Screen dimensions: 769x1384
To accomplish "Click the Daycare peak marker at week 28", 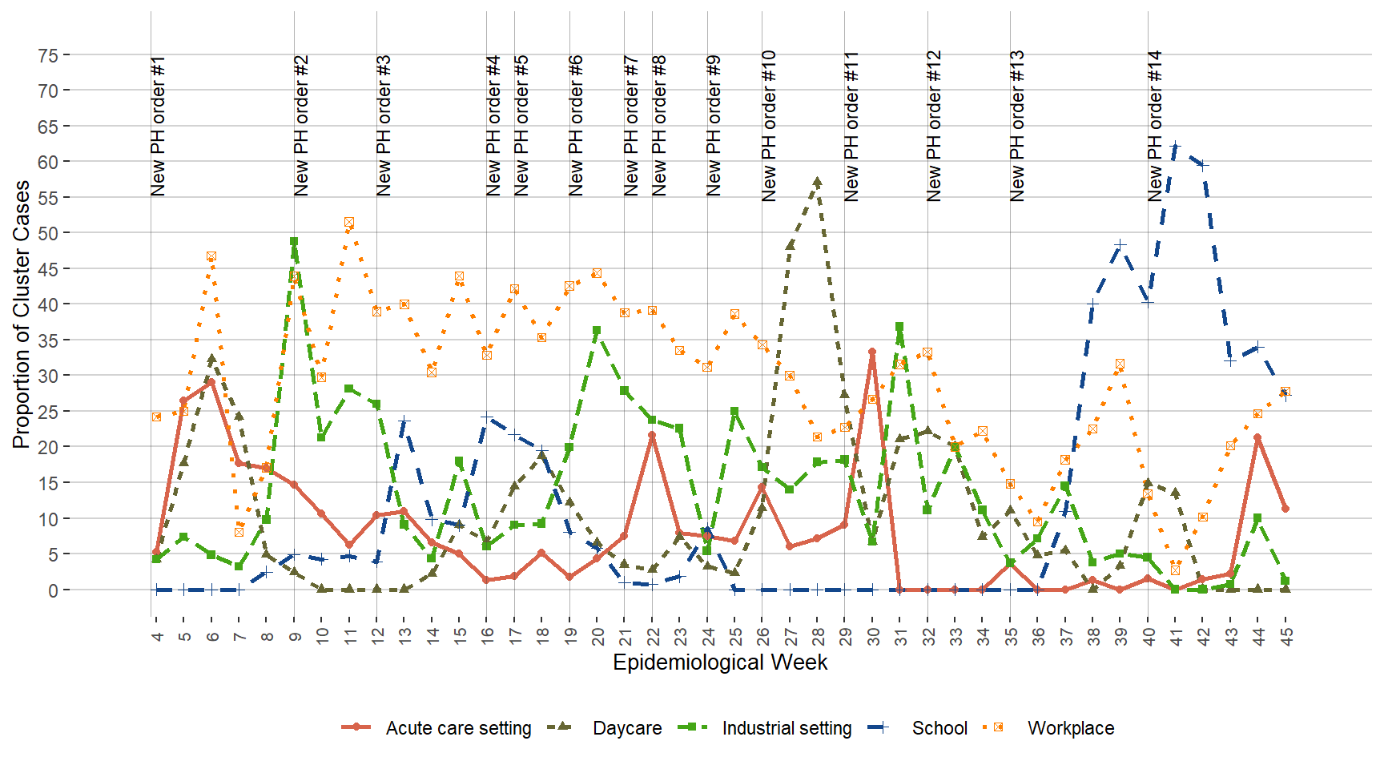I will point(818,182).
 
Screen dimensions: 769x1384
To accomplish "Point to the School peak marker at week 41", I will point(1176,146).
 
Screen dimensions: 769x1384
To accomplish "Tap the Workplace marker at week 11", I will point(349,222).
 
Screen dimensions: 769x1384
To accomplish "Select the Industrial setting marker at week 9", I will point(294,241).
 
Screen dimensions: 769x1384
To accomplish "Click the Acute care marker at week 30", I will point(872,352).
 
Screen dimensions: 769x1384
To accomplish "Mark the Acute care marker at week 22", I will point(652,435).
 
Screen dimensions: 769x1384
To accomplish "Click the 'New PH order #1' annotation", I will point(158,126).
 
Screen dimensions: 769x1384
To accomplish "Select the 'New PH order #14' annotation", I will point(1154,126).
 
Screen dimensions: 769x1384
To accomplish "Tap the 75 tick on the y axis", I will point(48,55).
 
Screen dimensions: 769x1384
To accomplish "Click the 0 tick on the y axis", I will point(53,590).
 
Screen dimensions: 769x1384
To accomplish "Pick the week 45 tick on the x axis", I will point(1285,635).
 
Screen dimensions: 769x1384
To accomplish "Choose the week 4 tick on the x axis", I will point(157,635).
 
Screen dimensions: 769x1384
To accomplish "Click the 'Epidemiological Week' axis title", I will point(720,662).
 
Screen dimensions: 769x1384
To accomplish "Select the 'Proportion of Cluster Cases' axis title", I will point(22,314).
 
